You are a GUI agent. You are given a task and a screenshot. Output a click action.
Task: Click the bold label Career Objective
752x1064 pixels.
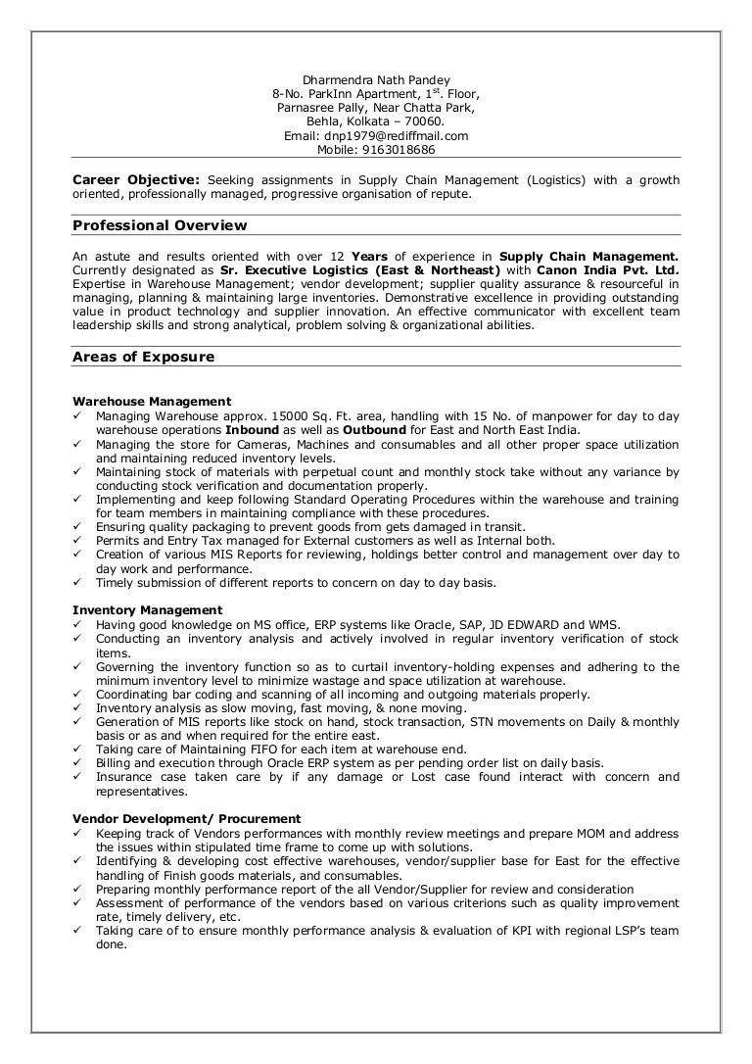137,180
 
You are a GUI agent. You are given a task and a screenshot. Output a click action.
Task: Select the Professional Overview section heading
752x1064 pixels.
160,226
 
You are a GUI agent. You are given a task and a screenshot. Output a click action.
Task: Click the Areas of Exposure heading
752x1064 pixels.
143,358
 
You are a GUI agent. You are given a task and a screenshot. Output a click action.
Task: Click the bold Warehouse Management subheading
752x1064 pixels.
152,402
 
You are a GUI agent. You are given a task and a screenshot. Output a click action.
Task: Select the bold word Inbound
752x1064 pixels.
252,430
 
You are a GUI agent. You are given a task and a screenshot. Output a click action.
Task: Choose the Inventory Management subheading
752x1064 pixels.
148,610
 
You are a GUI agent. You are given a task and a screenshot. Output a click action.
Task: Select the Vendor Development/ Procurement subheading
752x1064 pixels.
187,819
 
